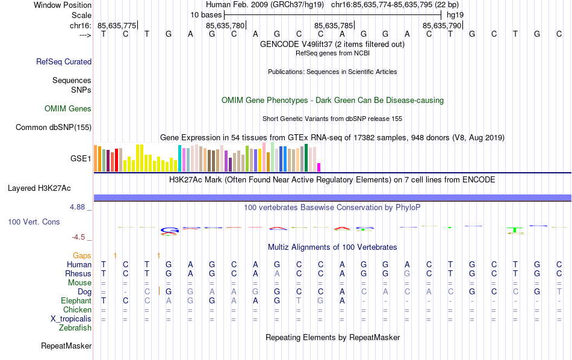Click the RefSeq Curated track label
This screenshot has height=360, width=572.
point(64,61)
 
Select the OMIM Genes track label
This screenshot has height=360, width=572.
point(68,109)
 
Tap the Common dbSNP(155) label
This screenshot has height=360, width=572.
point(54,127)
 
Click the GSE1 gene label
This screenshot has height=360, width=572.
point(81,159)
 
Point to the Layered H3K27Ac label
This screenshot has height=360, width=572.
point(39,188)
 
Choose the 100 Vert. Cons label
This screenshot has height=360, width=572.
point(34,222)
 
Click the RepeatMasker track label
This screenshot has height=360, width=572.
point(66,346)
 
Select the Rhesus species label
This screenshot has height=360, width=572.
point(78,273)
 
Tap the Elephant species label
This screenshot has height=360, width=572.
point(76,300)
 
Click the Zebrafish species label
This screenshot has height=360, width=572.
point(75,327)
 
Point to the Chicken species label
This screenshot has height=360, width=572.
point(77,309)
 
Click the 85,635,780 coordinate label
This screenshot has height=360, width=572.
point(225,25)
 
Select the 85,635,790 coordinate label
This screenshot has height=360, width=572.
point(442,25)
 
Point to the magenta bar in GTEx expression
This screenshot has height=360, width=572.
point(319,167)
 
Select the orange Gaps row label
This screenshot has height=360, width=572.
point(82,255)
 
